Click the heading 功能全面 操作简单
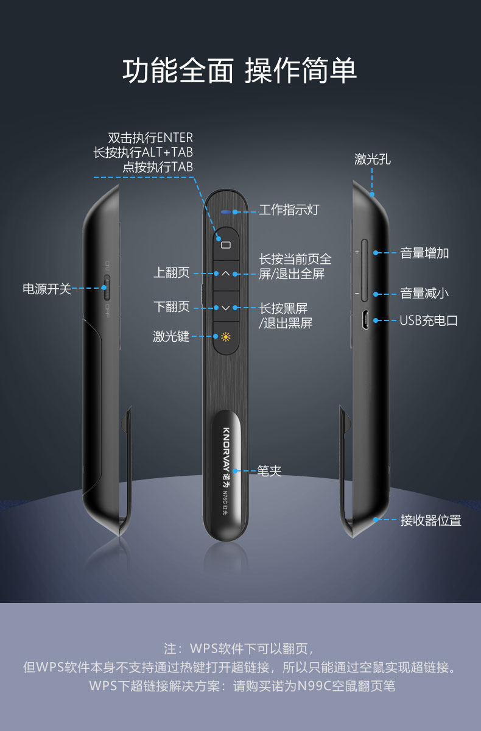pyautogui.click(x=240, y=71)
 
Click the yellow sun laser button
pyautogui.click(x=226, y=337)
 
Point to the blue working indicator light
pyautogui.click(x=226, y=213)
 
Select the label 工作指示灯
pyautogui.click(x=289, y=210)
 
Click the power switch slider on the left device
pyautogui.click(x=107, y=288)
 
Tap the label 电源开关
pyautogui.click(x=47, y=289)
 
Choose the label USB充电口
pyautogui.click(x=428, y=320)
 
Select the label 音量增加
pyautogui.click(x=424, y=253)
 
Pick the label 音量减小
pyautogui.click(x=424, y=294)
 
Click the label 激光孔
pyautogui.click(x=373, y=160)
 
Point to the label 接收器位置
pyautogui.click(x=430, y=520)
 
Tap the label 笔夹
pyautogui.click(x=270, y=471)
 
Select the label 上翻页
pyautogui.click(x=171, y=273)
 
